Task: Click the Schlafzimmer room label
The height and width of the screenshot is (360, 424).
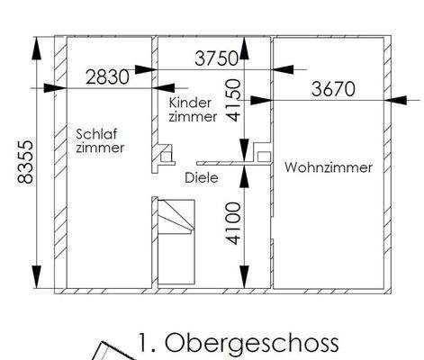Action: (100, 139)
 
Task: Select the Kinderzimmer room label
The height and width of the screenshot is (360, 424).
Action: (193, 110)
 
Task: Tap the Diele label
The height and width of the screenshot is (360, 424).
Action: (202, 177)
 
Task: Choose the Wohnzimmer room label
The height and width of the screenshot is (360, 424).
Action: (328, 167)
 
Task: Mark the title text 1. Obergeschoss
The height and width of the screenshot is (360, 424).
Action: (239, 343)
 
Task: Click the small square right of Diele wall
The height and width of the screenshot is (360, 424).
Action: (263, 156)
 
